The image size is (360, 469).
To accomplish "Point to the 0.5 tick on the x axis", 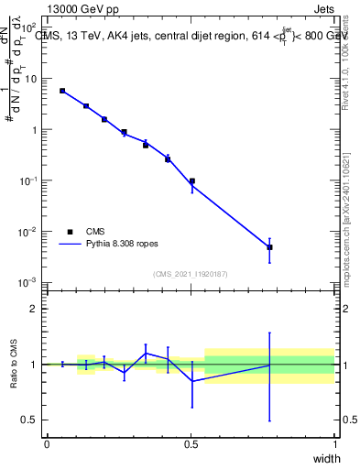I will [x=191, y=444].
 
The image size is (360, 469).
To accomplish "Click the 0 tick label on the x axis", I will [x=47, y=444].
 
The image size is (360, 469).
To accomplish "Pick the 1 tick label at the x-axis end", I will [x=334, y=444].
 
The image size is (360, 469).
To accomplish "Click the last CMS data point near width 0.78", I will [x=269, y=247].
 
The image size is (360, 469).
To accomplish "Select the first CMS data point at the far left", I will [x=61, y=91].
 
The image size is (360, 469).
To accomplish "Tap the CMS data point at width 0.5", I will [x=191, y=181].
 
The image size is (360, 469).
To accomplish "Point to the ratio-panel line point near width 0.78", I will [x=269, y=365].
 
